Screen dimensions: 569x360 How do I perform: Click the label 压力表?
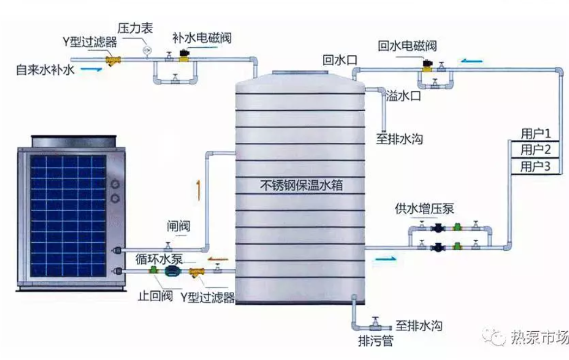pyautogui.click(x=135, y=28)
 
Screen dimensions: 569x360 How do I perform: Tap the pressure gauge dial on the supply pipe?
pyautogui.click(x=147, y=49)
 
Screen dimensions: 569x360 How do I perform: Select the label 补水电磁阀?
pyautogui.click(x=202, y=38)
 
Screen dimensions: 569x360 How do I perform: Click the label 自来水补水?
pyautogui.click(x=45, y=70)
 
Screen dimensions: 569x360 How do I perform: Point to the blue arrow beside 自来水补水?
pyautogui.click(x=91, y=69)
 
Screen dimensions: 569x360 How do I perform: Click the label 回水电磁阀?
pyautogui.click(x=407, y=46)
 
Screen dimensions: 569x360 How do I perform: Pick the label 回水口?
pyautogui.click(x=340, y=60)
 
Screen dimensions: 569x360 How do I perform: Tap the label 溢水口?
pyautogui.click(x=403, y=96)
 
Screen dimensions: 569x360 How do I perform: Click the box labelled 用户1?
pyautogui.click(x=535, y=134)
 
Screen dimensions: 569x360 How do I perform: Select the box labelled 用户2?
pyautogui.click(x=535, y=149)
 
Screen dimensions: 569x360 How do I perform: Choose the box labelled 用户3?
pyautogui.click(x=535, y=166)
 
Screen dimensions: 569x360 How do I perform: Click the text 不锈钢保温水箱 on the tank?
pyautogui.click(x=302, y=185)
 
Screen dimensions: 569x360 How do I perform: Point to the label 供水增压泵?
pyautogui.click(x=424, y=209)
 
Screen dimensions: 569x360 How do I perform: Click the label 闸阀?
pyautogui.click(x=179, y=226)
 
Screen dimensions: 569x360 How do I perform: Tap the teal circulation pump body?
pyautogui.click(x=171, y=271)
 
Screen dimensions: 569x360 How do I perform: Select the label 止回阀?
pyautogui.click(x=155, y=296)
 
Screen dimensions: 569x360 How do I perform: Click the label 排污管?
pyautogui.click(x=376, y=341)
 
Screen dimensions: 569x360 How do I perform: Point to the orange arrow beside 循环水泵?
pyautogui.click(x=218, y=259)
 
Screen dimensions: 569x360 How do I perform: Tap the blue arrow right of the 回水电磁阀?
pyautogui.click(x=472, y=61)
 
